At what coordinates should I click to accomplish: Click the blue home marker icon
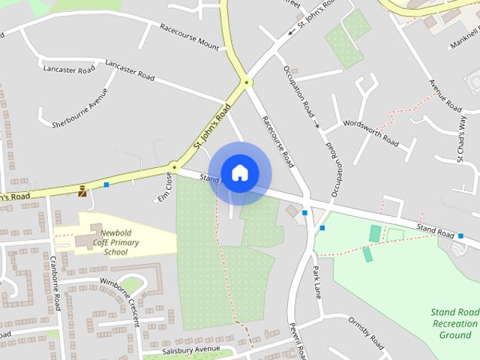point(239,172)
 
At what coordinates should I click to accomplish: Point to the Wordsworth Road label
point(370,131)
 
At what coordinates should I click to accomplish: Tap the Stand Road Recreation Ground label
point(454,323)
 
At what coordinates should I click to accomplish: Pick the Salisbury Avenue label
point(190,350)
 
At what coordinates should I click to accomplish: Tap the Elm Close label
point(164,187)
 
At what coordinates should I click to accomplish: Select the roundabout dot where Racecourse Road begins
point(246,82)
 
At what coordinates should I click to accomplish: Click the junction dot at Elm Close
point(174,166)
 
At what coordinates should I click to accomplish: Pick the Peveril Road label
point(298,341)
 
